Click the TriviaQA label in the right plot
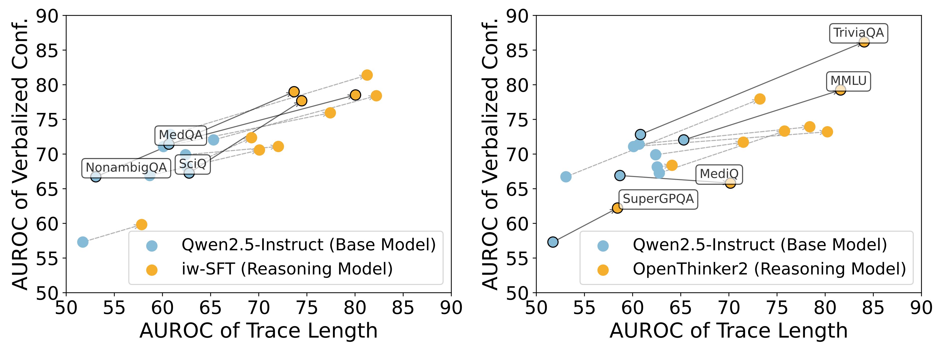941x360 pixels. coord(859,33)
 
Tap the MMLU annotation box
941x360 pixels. coord(848,81)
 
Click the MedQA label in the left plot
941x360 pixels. coord(180,135)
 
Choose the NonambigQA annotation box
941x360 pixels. coord(126,168)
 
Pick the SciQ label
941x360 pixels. coord(192,164)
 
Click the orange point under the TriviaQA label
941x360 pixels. coord(864,42)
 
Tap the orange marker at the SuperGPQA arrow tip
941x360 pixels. coord(617,208)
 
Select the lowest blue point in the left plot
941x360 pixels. coord(83,242)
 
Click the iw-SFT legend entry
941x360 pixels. coord(287,269)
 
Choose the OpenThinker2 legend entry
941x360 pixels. coord(769,269)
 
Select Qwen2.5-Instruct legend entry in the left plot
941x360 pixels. coord(308,245)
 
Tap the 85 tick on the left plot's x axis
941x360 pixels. coord(403,308)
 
